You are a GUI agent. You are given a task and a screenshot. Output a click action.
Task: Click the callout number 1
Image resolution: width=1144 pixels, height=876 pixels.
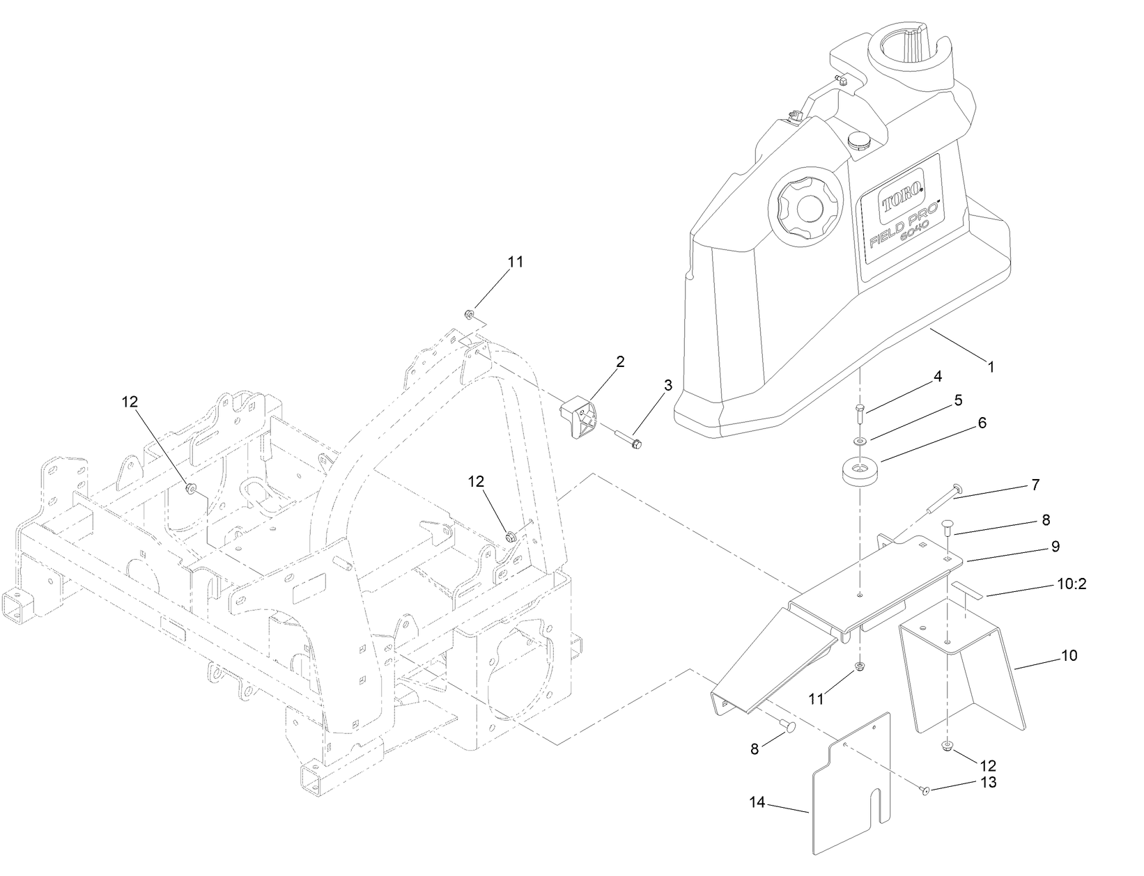coord(991,365)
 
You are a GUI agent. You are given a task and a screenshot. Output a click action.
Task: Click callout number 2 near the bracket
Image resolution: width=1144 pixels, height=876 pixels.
coord(619,361)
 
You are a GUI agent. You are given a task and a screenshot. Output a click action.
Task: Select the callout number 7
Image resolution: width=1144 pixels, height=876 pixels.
coord(1035,485)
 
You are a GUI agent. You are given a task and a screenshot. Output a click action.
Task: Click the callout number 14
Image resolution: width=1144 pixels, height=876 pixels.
coord(757,803)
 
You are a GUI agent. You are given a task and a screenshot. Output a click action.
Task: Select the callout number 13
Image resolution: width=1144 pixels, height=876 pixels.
coord(988,782)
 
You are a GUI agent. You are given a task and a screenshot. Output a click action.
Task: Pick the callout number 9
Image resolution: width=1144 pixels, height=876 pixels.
coord(1056,547)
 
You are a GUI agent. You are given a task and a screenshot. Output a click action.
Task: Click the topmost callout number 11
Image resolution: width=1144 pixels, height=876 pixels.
coord(515,262)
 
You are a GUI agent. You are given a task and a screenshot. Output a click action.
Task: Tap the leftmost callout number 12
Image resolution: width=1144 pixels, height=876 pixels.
coord(130,401)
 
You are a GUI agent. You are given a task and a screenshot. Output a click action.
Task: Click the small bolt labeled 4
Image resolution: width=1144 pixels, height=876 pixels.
coord(859,415)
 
